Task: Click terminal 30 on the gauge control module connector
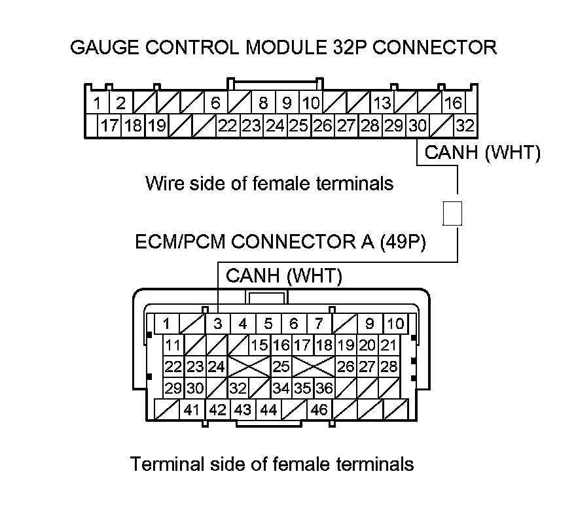point(417,126)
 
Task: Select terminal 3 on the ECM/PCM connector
point(217,323)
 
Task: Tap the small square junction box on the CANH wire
point(452,213)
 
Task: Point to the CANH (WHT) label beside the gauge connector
point(482,153)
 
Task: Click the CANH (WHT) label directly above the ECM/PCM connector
point(283,276)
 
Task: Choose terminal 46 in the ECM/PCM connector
point(319,411)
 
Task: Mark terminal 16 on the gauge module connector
point(453,103)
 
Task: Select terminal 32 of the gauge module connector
point(465,126)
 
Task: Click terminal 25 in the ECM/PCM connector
point(281,366)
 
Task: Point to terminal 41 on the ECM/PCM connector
point(191,411)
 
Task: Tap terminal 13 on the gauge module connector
point(382,103)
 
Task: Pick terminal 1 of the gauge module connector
point(97,103)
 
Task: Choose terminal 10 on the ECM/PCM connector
point(395,323)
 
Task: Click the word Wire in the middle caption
point(162,183)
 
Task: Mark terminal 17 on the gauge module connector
point(109,126)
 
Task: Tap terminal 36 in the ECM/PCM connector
point(324,388)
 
